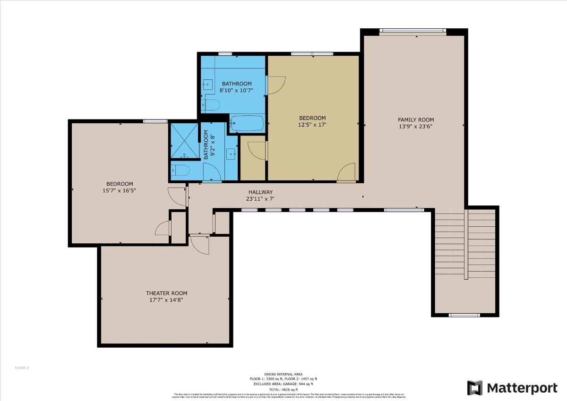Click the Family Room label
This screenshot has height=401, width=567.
click(x=416, y=120)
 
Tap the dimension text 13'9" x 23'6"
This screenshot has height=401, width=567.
click(x=416, y=127)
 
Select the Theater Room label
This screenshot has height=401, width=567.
click(x=166, y=293)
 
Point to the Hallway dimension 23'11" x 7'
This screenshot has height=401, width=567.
click(x=260, y=199)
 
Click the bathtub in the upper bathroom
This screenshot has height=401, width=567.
click(x=247, y=123)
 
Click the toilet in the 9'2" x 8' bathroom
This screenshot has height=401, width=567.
click(x=180, y=170)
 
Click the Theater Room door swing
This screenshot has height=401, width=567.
click(x=199, y=244)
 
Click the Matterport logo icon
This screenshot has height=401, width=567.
click(x=475, y=388)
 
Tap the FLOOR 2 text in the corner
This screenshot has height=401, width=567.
click(x=22, y=367)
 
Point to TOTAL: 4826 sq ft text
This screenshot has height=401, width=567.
click(x=283, y=389)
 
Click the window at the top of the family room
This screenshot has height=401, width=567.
click(x=413, y=31)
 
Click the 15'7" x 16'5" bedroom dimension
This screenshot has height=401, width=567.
click(x=120, y=190)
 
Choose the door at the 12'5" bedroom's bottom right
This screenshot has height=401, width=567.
click(x=347, y=173)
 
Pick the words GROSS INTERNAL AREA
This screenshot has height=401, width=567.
click(x=283, y=374)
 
